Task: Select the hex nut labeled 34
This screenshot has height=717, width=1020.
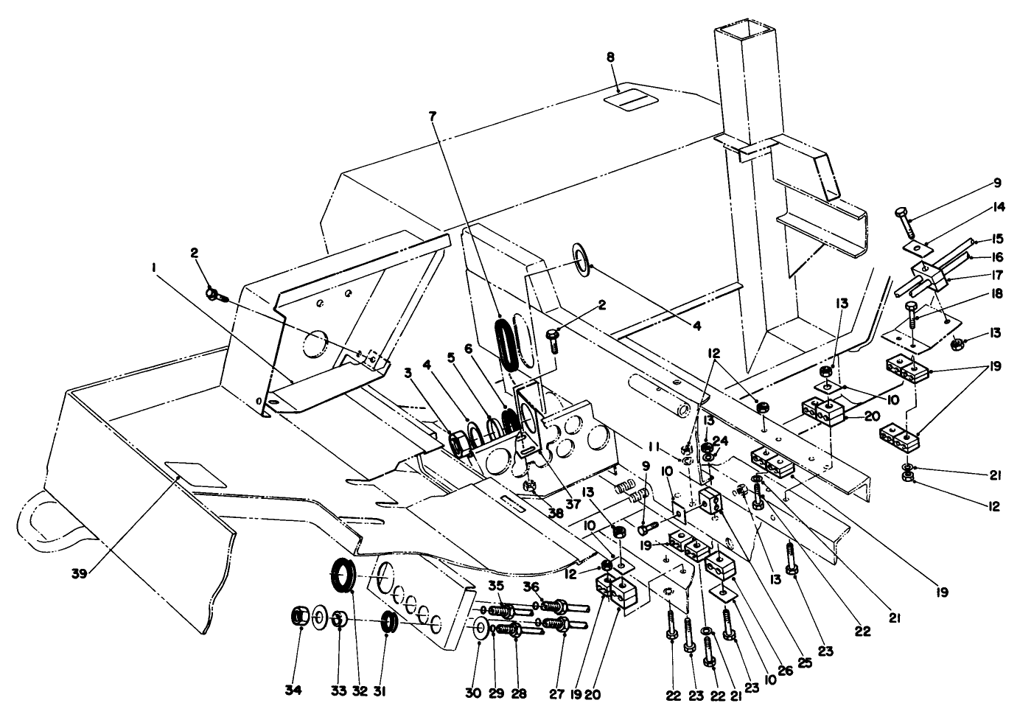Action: [x=300, y=614]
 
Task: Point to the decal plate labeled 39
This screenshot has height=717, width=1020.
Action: [x=196, y=475]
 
